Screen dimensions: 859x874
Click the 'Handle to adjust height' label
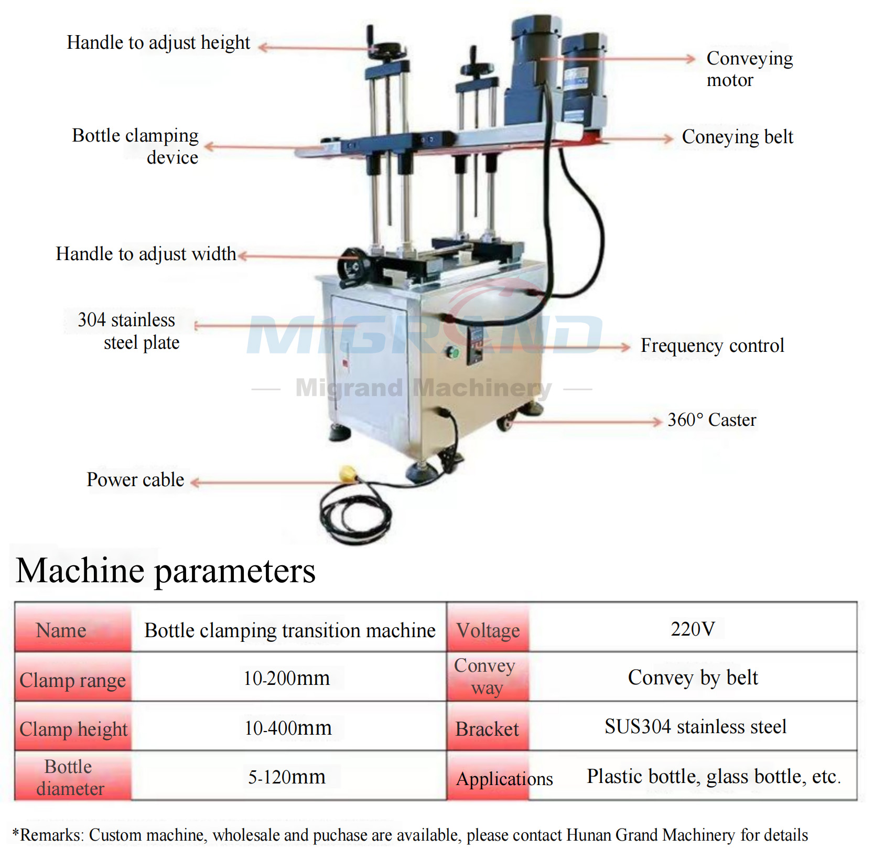[x=158, y=42]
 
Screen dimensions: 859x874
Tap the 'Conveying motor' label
[x=749, y=69]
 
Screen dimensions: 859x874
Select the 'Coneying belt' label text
[x=737, y=137]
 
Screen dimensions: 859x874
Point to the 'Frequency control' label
[x=712, y=346]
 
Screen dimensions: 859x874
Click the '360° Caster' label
[x=711, y=420]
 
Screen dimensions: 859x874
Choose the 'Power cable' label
[x=135, y=480]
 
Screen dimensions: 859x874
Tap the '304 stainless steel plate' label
[x=128, y=331]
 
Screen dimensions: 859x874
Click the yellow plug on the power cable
[x=348, y=474]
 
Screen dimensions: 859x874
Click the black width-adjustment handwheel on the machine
[x=353, y=267]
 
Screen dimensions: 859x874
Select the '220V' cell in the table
[x=693, y=629]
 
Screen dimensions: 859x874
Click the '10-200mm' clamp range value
[x=287, y=679]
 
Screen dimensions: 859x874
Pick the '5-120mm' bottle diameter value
[x=287, y=777]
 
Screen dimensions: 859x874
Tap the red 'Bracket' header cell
[x=487, y=729]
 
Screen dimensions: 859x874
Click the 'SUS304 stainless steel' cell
[x=695, y=727]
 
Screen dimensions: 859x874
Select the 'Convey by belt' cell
[x=693, y=678]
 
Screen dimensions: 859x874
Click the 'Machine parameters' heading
[x=166, y=571]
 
